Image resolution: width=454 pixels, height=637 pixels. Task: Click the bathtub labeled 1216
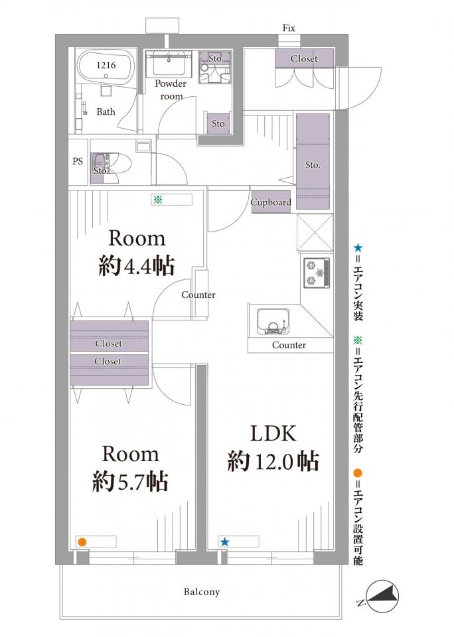pyautogui.click(x=106, y=67)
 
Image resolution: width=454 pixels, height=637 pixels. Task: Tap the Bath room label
pyautogui.click(x=106, y=111)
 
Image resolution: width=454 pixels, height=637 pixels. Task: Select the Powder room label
pyautogui.click(x=171, y=90)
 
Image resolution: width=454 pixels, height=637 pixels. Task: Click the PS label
pyautogui.click(x=78, y=161)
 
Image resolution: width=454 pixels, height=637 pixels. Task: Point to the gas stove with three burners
pyautogui.click(x=316, y=272)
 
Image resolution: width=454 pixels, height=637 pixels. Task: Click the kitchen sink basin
pyautogui.click(x=273, y=321)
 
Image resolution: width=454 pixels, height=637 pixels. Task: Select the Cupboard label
pyautogui.click(x=271, y=202)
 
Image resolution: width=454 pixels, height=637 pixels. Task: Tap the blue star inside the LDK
pyautogui.click(x=224, y=542)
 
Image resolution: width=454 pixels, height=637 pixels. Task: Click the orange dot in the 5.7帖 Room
pyautogui.click(x=82, y=542)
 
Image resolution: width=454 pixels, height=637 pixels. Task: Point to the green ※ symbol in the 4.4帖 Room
pyautogui.click(x=158, y=200)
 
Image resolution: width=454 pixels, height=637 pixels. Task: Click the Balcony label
pyautogui.click(x=202, y=591)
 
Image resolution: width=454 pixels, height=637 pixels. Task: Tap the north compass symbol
pyautogui.click(x=382, y=596)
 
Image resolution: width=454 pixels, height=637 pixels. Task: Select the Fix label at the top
pyautogui.click(x=289, y=28)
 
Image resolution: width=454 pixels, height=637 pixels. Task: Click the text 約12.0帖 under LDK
pyautogui.click(x=273, y=461)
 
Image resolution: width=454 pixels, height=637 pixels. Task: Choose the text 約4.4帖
pyautogui.click(x=137, y=266)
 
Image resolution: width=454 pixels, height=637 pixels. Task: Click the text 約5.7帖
pyautogui.click(x=130, y=481)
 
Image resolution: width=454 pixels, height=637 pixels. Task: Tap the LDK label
pyautogui.click(x=273, y=433)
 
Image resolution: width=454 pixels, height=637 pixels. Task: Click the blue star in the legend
pyautogui.click(x=358, y=248)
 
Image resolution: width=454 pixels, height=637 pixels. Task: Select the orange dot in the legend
pyautogui.click(x=358, y=473)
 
